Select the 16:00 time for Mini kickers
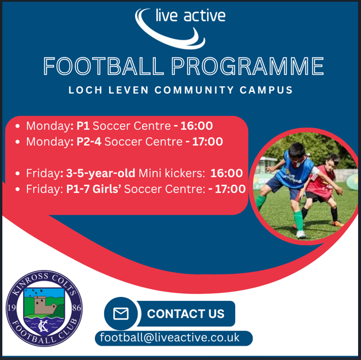coord(226,173)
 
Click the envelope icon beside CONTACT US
coord(121,313)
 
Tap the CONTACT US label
coord(185,313)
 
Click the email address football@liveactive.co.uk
coord(170,338)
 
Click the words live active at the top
coord(190,16)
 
